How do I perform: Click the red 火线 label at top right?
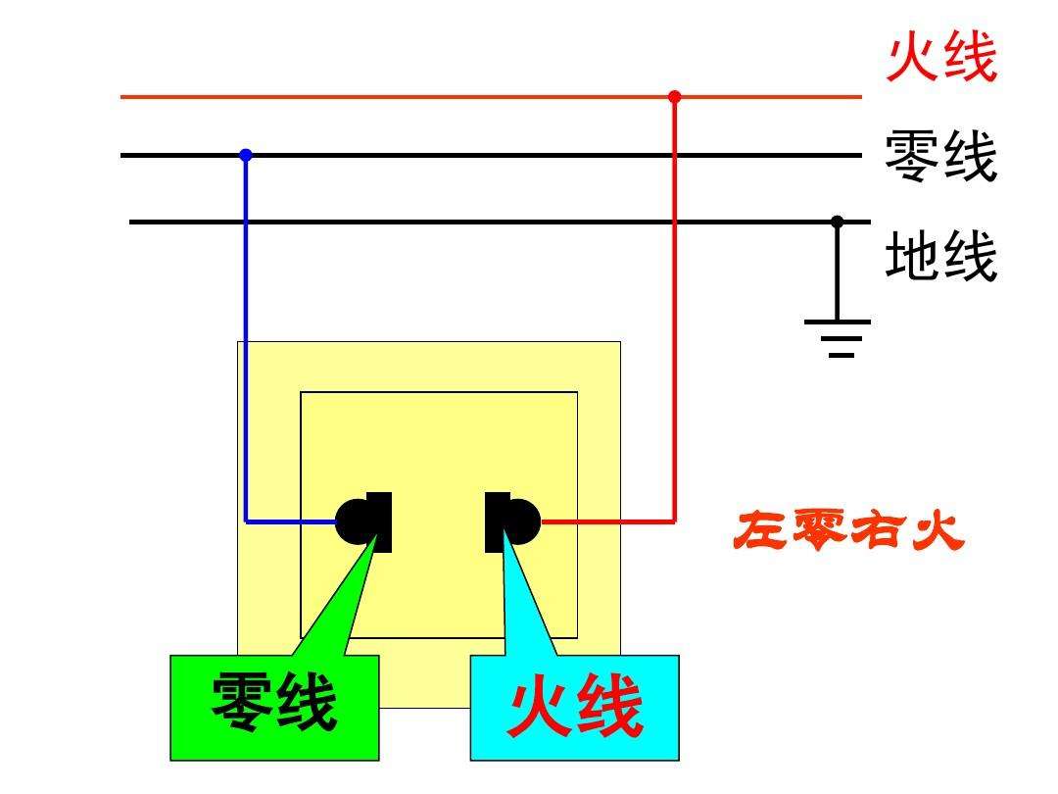pyautogui.click(x=941, y=59)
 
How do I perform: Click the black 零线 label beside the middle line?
pyautogui.click(x=940, y=157)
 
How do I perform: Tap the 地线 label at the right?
pyautogui.click(x=940, y=257)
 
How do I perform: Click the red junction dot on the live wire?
pyautogui.click(x=674, y=96)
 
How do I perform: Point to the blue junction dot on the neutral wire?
pyautogui.click(x=246, y=155)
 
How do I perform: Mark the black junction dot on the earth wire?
pyautogui.click(x=837, y=222)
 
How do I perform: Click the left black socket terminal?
pyautogui.click(x=364, y=521)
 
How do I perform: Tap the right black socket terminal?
pyautogui.click(x=512, y=521)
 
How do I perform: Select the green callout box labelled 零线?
pyautogui.click(x=274, y=707)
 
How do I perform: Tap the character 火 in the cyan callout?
pyautogui.click(x=539, y=709)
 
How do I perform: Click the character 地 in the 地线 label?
pyautogui.click(x=913, y=257)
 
